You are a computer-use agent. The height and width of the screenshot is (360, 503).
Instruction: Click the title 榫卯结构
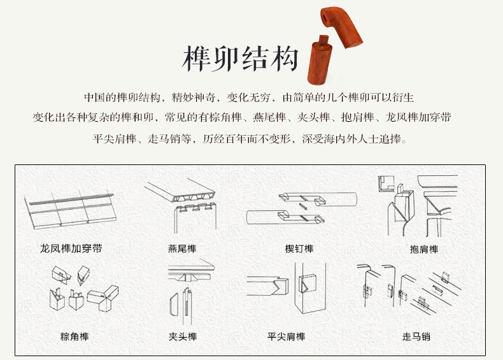(241, 59)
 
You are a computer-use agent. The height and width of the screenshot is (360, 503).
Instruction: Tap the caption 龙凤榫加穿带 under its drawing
(71, 248)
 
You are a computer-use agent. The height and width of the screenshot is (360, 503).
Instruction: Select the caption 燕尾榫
(182, 249)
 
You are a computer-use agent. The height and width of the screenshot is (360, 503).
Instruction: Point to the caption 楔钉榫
(299, 249)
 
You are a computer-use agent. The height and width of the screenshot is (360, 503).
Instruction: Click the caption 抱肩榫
(424, 250)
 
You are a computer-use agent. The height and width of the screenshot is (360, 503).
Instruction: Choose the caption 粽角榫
(74, 336)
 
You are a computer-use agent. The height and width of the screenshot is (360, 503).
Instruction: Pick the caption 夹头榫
(183, 336)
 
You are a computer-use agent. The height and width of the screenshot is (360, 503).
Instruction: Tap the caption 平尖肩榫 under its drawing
(286, 336)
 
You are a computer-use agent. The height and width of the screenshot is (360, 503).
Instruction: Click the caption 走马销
(416, 336)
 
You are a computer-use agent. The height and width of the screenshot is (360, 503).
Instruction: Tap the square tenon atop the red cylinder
(323, 41)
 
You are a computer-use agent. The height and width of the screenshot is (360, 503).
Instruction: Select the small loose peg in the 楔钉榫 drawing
(303, 206)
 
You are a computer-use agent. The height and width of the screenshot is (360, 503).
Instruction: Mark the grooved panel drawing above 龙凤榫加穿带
(70, 210)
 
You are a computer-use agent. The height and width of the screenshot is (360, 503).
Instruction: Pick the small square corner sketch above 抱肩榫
(386, 184)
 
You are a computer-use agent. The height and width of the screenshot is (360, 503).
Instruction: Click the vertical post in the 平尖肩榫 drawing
(310, 288)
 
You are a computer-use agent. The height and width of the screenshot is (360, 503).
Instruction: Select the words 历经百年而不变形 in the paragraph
(246, 139)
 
